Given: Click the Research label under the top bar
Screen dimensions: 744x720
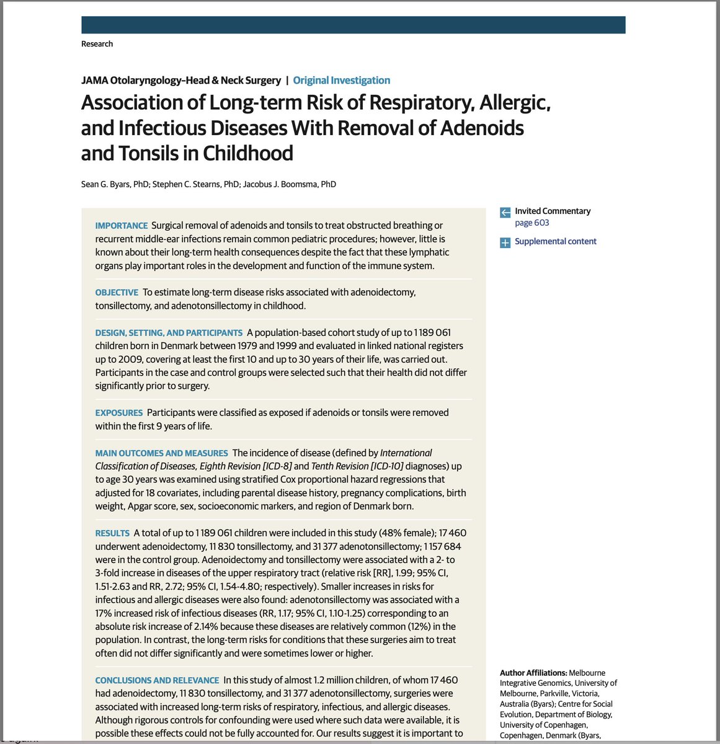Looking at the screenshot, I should tap(97, 44).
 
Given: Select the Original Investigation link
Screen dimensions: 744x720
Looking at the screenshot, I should tap(341, 80).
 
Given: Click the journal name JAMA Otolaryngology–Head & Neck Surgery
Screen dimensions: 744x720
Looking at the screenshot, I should tap(181, 80).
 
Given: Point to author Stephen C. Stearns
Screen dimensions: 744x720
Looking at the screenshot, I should tap(188, 184).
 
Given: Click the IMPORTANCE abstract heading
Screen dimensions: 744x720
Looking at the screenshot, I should tap(122, 226).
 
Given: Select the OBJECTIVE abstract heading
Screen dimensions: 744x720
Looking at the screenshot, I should tap(117, 293).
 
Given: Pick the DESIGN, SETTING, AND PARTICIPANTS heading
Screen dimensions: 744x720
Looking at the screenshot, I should tap(169, 333).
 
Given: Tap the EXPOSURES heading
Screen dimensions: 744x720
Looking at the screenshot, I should tap(118, 413).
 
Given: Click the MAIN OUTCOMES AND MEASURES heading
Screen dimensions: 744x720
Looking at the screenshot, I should tap(161, 453).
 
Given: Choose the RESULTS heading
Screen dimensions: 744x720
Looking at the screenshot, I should tap(112, 533).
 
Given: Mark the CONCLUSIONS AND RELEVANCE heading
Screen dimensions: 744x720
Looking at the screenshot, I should tap(157, 680).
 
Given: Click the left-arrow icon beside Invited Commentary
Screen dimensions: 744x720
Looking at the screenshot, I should tap(505, 213).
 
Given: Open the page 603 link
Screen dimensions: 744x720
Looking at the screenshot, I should tap(531, 223).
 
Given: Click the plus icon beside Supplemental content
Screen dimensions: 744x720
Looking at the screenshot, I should tap(505, 242).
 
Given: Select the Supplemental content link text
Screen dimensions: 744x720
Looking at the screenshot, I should tap(555, 241).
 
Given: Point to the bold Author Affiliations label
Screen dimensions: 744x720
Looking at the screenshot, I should tap(533, 673).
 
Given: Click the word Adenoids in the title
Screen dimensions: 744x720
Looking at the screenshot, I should tap(482, 128).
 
